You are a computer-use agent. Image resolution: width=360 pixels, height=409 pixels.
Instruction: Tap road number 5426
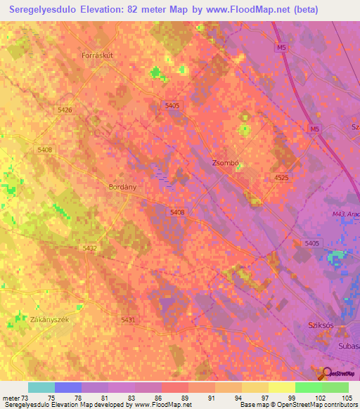tap(65, 110)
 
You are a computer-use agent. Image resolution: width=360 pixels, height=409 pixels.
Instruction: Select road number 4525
tap(281, 178)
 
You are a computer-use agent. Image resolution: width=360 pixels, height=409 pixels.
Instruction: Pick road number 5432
tap(90, 248)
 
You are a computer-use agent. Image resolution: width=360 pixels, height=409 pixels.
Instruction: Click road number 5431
tap(128, 320)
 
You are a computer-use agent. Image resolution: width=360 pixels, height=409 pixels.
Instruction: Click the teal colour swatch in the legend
tap(41, 387)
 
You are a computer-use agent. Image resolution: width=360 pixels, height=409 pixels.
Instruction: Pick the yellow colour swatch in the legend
tap(281, 387)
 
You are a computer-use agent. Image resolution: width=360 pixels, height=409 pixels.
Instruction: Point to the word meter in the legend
tap(11, 398)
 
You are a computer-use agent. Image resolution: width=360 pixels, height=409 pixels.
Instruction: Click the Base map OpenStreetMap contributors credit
tap(297, 405)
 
